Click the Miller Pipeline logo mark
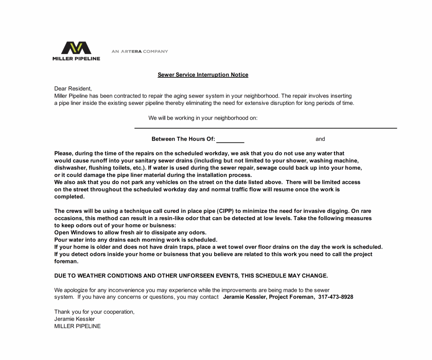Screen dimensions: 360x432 [76, 48]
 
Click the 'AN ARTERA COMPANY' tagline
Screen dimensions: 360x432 [140, 51]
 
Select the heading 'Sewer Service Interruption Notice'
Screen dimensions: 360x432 [203, 75]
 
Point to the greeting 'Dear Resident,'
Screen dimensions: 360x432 [73, 88]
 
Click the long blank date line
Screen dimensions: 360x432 [265, 127]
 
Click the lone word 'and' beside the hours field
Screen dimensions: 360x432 [320, 139]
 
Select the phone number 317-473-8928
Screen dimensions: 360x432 [336, 297]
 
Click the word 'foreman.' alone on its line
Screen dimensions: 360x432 [66, 262]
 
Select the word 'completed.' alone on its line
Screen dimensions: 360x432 [69, 197]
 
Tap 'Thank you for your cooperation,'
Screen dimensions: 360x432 [94, 312]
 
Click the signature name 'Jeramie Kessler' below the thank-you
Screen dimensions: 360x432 [74, 319]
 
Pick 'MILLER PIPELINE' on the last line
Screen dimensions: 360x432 [77, 326]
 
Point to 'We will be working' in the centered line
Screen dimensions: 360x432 [172, 118]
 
